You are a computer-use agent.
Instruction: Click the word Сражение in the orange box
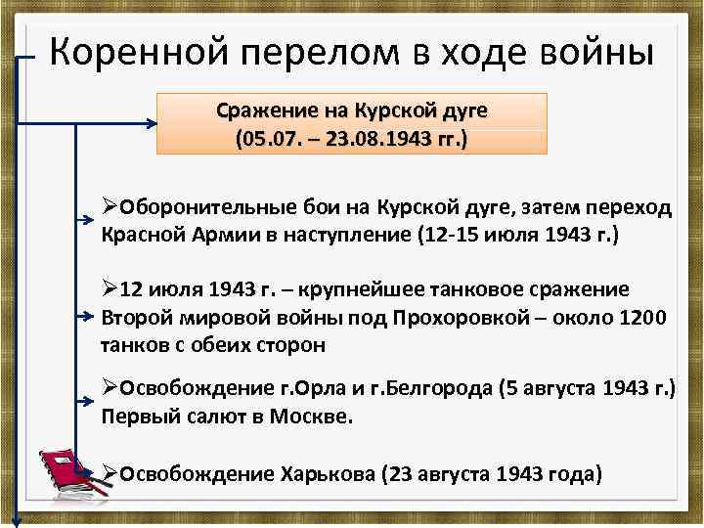pos(258,111)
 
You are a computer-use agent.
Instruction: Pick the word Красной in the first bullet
pos(138,236)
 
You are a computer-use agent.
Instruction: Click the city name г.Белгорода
pos(436,388)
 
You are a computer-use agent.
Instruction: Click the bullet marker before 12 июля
pos(110,290)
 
